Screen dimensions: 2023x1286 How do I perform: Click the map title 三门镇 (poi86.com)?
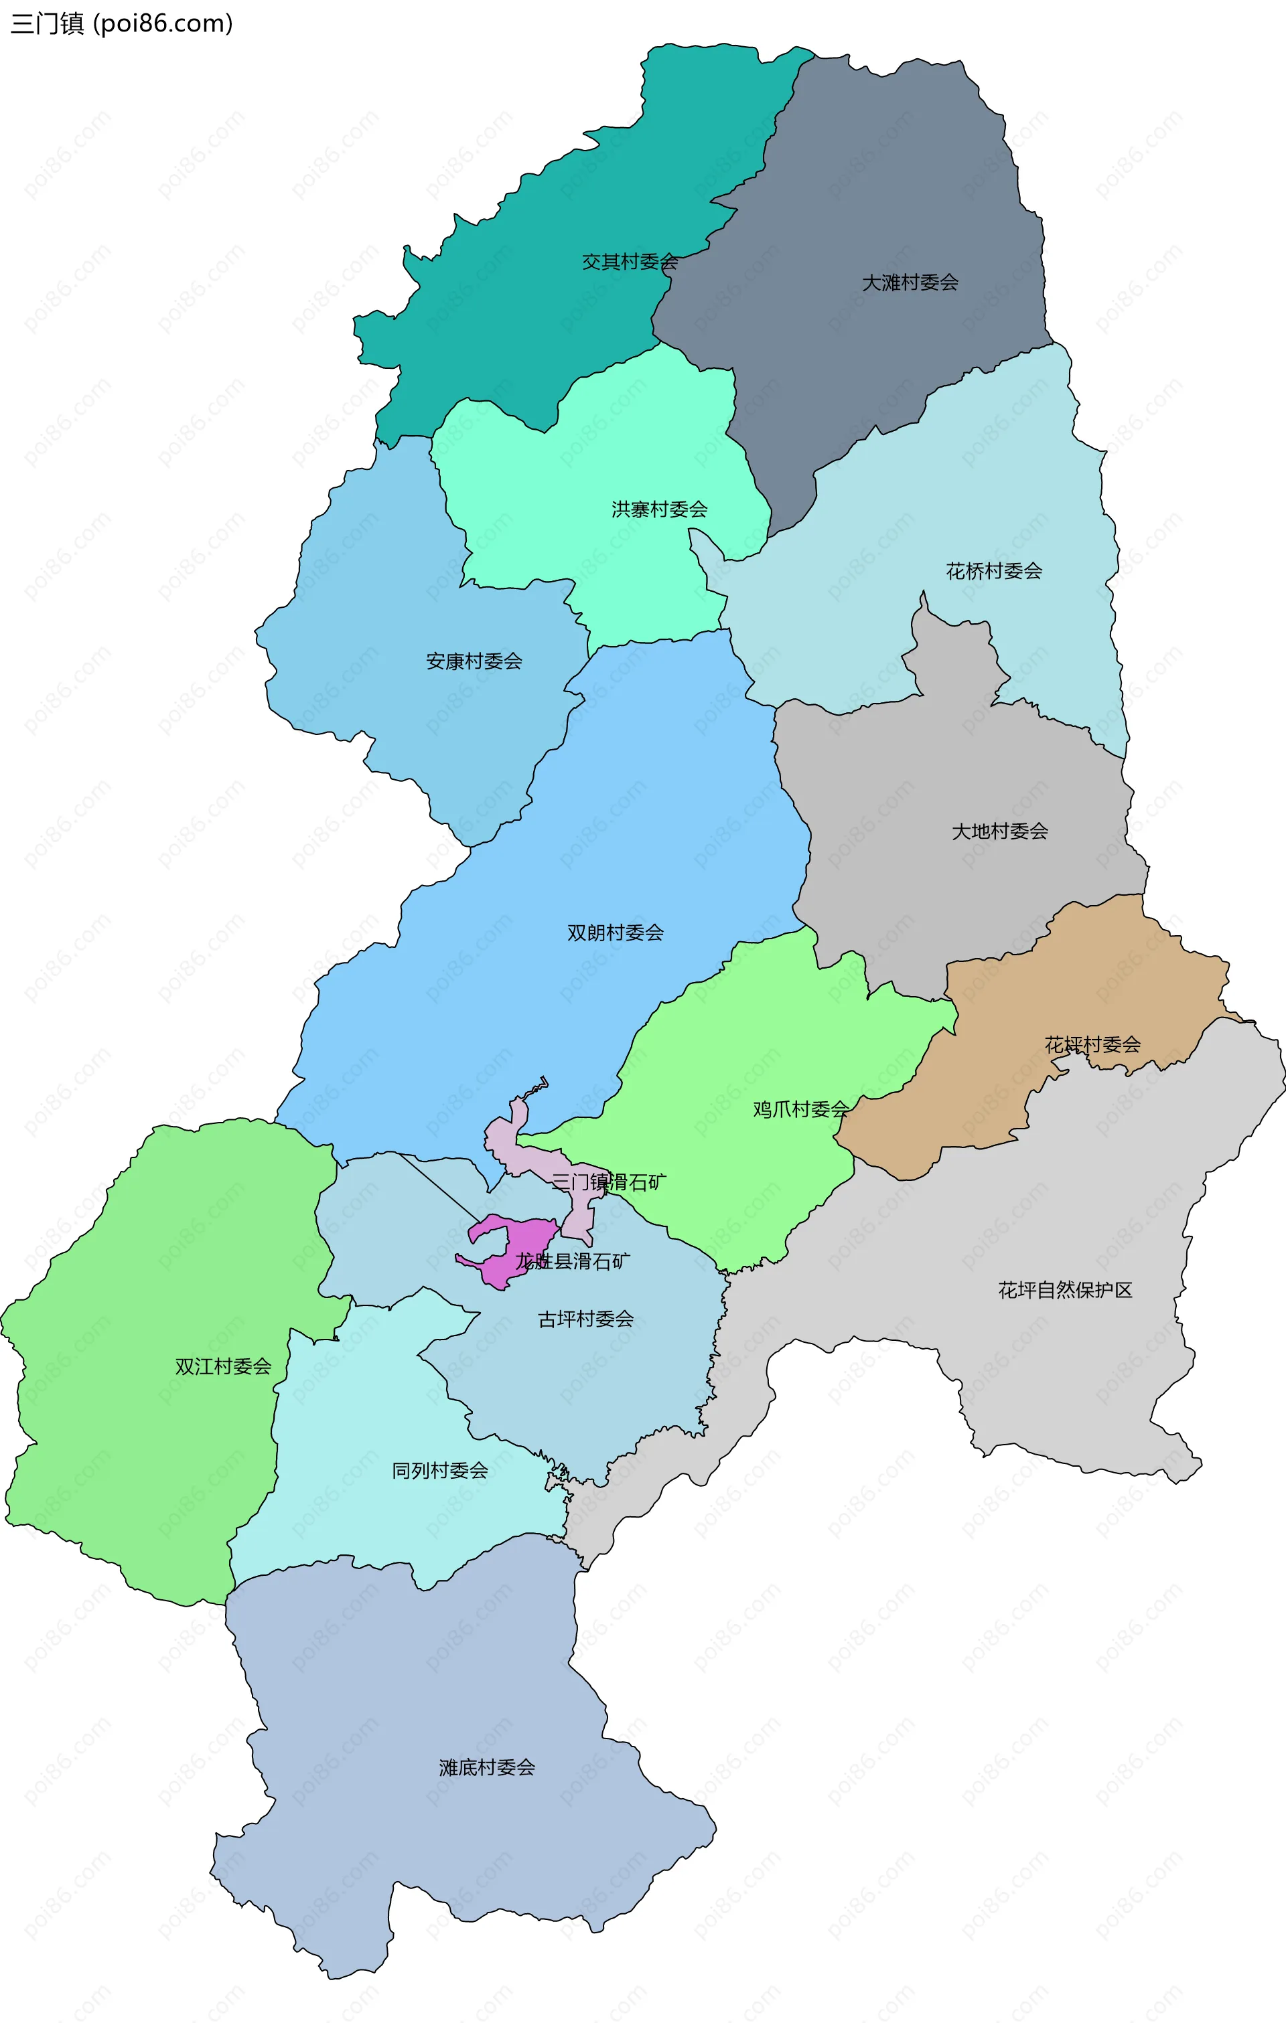click(x=121, y=23)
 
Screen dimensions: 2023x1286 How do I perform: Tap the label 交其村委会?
click(x=630, y=262)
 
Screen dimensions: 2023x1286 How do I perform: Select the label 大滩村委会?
click(x=910, y=283)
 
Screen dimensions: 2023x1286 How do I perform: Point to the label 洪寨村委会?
click(x=659, y=509)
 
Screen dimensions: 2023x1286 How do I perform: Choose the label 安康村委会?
click(x=474, y=661)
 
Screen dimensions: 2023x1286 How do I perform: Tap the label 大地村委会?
click(x=999, y=831)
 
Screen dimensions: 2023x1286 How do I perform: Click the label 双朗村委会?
click(x=616, y=933)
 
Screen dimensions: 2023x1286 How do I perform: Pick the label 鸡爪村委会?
click(x=800, y=1109)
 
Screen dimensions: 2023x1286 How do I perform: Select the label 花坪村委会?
click(x=1092, y=1044)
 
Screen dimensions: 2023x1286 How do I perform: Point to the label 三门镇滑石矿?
click(x=609, y=1182)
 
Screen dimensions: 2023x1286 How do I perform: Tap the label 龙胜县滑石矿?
click(x=573, y=1261)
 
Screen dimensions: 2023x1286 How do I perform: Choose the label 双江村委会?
click(x=223, y=1367)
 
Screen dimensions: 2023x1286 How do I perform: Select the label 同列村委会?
click(x=439, y=1470)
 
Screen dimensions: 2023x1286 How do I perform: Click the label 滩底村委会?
click(x=487, y=1767)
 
